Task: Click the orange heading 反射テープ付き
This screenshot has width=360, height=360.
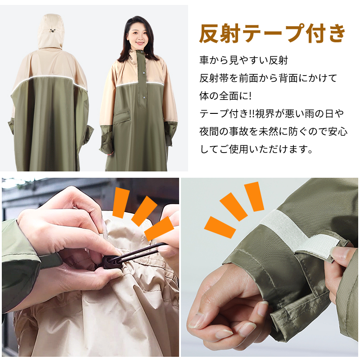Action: [x=272, y=33]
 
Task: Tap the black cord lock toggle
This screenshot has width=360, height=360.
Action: [x=109, y=262]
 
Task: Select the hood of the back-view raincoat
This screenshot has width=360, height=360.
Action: [x=51, y=31]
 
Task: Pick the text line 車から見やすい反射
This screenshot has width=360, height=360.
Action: [x=243, y=60]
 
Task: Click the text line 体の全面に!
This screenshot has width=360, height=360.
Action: [x=225, y=96]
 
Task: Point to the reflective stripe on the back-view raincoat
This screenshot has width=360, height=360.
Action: [x=49, y=82]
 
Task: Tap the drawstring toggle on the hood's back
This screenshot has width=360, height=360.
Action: [x=53, y=30]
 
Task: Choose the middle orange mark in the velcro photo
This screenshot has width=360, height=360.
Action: [x=234, y=207]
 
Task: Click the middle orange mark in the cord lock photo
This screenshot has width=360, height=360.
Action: [x=144, y=211]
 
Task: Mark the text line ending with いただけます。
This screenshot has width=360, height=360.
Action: [x=256, y=149]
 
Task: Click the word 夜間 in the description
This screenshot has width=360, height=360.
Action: [x=209, y=131]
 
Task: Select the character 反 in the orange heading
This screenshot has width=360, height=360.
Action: [x=209, y=33]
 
